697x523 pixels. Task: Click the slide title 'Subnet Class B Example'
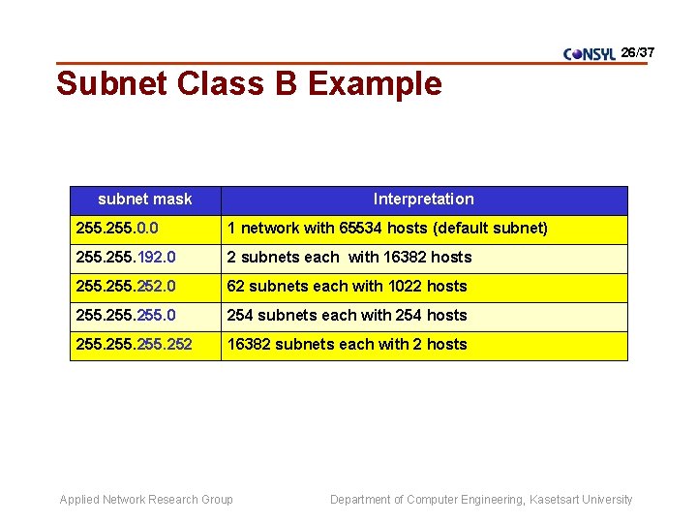coord(249,84)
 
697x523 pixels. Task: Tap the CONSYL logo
coord(590,54)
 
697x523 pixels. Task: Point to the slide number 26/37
coord(638,51)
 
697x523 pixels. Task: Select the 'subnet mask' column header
coord(145,200)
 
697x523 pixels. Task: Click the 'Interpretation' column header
coord(424,200)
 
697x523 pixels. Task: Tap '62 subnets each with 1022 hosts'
coord(347,287)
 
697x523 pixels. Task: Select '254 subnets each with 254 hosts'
coord(347,316)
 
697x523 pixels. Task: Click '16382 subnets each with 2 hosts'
coord(347,345)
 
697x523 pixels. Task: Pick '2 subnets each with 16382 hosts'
coord(348,258)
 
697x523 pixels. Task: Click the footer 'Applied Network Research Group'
coord(146,500)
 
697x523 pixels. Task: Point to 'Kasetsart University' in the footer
coord(581,500)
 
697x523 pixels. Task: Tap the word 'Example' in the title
coord(375,84)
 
